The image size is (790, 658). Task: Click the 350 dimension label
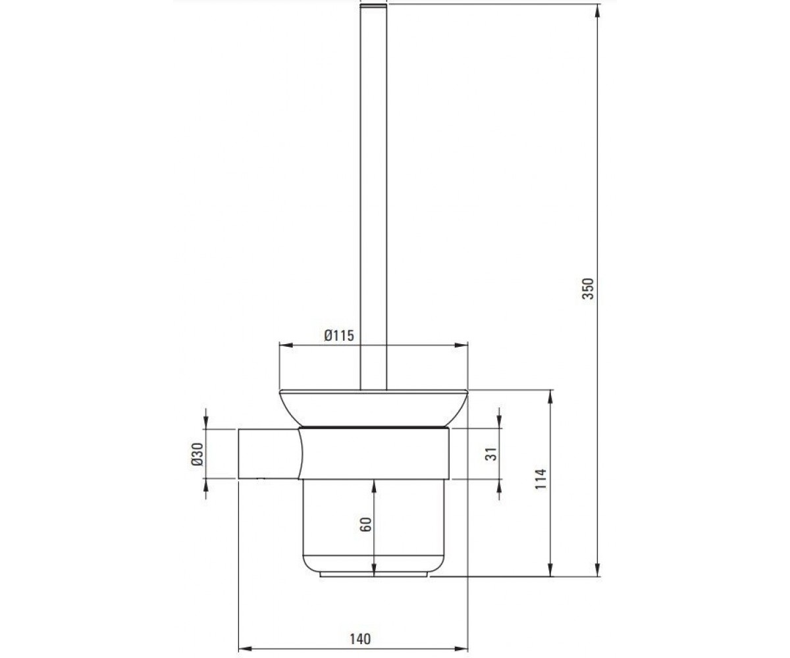pos(588,289)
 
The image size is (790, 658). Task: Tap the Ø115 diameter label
pos(339,336)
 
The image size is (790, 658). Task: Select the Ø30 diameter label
pos(197,454)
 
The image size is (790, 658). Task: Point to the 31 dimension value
pos(490,454)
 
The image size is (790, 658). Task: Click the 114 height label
pos(540,479)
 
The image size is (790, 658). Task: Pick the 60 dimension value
pos(366,524)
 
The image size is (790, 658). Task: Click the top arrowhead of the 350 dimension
pos(597,11)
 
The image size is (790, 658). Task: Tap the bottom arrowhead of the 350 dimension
pos(597,570)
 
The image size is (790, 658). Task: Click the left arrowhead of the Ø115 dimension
pos(286,345)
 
